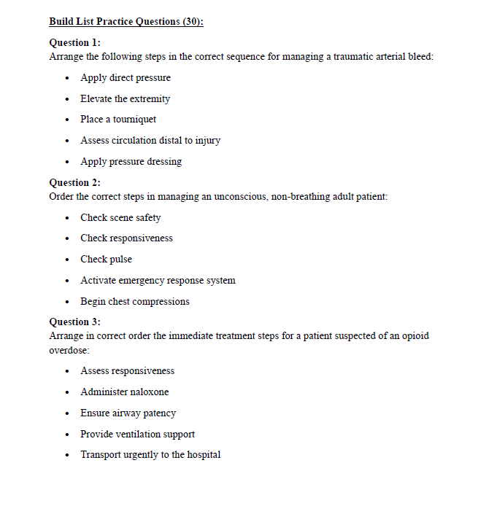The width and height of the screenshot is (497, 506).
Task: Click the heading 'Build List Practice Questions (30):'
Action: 126,21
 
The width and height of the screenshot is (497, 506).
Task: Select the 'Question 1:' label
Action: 74,43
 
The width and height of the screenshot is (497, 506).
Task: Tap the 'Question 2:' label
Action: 74,182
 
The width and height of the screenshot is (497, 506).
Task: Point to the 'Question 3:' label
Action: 74,322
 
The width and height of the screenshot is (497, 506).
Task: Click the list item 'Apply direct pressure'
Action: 126,78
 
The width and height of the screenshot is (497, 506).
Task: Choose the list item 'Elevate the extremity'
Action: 125,98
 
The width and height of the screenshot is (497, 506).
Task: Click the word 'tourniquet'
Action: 135,120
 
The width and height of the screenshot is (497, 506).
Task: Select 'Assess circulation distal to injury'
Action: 150,140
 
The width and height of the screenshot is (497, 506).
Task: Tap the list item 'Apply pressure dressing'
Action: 131,161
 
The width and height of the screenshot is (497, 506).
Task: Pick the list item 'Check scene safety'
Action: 120,217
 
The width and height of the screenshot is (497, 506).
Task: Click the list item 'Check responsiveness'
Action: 126,238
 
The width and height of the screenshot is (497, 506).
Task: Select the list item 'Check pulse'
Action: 106,259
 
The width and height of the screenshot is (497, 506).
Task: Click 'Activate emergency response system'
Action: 158,280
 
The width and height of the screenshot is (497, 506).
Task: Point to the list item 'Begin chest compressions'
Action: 135,301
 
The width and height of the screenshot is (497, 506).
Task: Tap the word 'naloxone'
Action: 148,392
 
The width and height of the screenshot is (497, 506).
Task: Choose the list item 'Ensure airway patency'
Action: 128,413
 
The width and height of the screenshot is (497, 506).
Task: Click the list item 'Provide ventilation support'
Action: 137,434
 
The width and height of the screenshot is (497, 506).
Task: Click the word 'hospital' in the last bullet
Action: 204,455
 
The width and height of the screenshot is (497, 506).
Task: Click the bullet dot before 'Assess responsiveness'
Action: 68,371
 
